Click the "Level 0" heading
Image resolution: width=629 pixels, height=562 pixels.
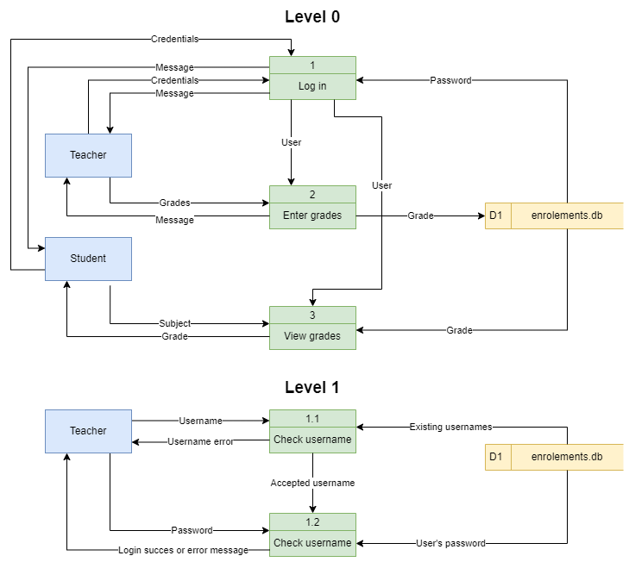(x=312, y=17)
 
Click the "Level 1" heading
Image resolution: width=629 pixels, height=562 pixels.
(x=312, y=388)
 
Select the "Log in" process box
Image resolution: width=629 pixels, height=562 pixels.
(x=312, y=86)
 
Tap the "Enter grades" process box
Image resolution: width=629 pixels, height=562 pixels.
(x=312, y=215)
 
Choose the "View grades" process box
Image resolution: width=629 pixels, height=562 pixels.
(x=312, y=336)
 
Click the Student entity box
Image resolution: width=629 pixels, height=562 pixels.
(x=88, y=259)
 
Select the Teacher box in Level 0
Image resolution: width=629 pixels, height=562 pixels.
(x=88, y=155)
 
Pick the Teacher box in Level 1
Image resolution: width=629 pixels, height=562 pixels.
(x=88, y=431)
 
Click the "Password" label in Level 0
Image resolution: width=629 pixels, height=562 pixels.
(x=450, y=80)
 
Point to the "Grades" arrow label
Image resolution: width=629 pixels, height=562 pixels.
(x=174, y=203)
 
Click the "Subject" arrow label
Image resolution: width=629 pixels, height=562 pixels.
(x=175, y=324)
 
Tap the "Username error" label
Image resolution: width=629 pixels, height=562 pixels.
(x=201, y=442)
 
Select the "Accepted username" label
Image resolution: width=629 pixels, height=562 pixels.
(x=312, y=483)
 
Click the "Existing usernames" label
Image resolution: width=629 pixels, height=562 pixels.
(x=450, y=427)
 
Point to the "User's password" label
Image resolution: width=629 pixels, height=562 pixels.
(x=450, y=543)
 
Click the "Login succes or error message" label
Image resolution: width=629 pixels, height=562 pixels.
(x=183, y=550)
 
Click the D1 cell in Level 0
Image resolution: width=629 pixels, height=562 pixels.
(x=497, y=215)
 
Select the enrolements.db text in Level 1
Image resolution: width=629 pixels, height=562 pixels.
(x=566, y=457)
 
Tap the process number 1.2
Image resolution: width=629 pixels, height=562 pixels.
(x=312, y=522)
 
